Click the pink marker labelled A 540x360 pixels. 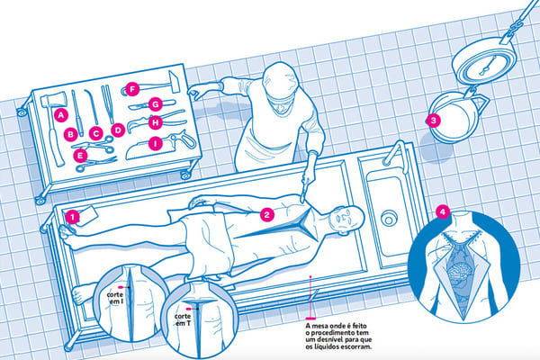61,115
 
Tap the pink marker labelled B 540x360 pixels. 69,134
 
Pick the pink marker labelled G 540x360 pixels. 156,104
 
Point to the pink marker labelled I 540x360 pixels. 156,142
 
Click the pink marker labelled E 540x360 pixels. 80,156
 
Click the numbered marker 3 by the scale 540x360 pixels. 433,120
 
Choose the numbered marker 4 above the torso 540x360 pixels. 442,212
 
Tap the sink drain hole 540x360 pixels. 390,219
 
